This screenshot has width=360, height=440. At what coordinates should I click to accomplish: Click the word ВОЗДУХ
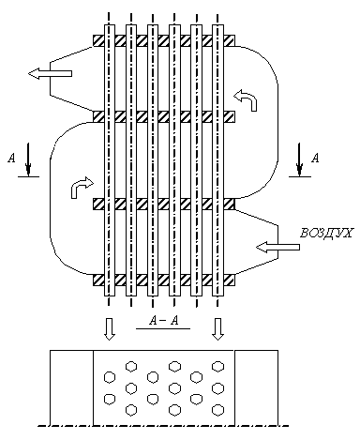[x=326, y=233]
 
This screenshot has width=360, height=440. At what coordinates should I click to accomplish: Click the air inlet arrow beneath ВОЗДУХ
[x=277, y=247]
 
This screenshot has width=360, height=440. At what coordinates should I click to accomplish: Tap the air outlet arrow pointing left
[x=50, y=73]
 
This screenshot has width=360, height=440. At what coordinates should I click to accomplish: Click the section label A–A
[x=164, y=321]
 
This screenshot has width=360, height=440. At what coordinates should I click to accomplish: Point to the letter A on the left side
[x=11, y=158]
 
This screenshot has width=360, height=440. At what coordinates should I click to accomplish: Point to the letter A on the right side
[x=316, y=158]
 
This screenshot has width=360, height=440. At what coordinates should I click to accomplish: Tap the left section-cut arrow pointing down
[x=28, y=159]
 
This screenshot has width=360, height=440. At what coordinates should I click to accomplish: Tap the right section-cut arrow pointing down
[x=299, y=159]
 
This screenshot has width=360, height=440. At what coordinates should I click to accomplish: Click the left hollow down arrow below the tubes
[x=109, y=329]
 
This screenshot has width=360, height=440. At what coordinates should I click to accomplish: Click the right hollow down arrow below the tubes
[x=217, y=329]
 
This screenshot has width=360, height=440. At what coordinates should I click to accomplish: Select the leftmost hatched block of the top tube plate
[x=98, y=40]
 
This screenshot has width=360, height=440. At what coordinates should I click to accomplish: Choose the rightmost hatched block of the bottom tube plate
[x=229, y=281]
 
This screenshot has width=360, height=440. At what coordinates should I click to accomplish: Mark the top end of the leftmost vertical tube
[x=109, y=25]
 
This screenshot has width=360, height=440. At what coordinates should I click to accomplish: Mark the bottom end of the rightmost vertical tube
[x=217, y=296]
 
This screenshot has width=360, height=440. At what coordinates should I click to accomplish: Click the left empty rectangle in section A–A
[x=71, y=387]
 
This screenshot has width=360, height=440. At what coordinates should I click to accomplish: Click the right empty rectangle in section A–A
[x=256, y=387]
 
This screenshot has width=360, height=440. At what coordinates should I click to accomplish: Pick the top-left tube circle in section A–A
[x=131, y=366]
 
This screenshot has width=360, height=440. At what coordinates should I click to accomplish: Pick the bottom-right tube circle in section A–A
[x=217, y=410]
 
